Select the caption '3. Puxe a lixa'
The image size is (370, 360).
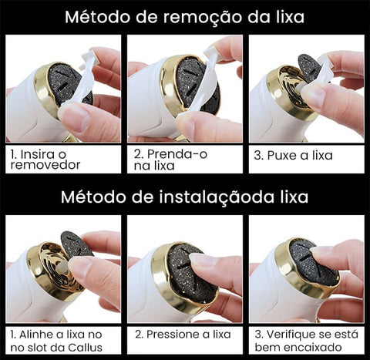[293, 156]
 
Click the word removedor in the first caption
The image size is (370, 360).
[45, 165]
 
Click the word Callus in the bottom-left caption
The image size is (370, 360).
[85, 348]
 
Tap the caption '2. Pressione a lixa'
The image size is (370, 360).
[183, 335]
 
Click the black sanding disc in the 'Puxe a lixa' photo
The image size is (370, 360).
[308, 67]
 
